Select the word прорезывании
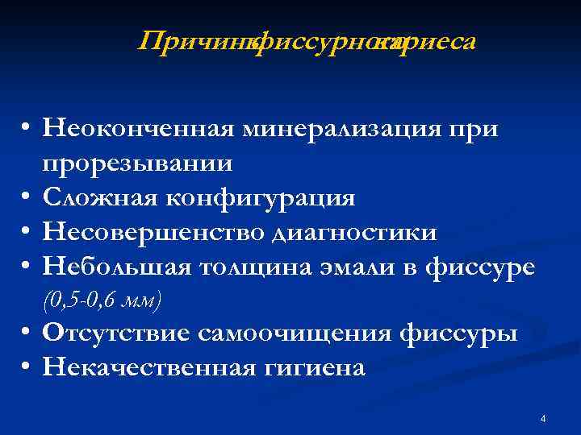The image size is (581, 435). (138, 164)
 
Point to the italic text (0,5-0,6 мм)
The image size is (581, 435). (102, 300)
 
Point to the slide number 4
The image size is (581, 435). (543, 419)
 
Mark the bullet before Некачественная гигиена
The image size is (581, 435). (27, 368)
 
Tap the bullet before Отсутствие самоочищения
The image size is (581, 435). (27, 333)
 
